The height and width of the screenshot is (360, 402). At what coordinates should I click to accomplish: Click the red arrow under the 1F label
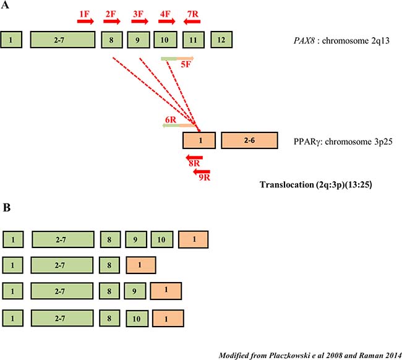click(x=85, y=21)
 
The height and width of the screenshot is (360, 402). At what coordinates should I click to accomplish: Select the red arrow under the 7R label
click(x=192, y=22)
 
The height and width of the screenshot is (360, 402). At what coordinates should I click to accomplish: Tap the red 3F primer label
click(x=138, y=14)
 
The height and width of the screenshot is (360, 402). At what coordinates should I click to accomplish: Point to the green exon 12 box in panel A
click(x=221, y=40)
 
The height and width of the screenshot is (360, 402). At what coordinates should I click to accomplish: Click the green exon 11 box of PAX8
click(x=194, y=40)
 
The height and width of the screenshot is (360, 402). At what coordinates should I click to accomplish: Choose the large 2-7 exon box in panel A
click(x=63, y=40)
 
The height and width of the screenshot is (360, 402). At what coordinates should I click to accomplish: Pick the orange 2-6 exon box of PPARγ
click(x=249, y=140)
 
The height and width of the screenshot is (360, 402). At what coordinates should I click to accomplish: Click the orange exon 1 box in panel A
click(x=199, y=140)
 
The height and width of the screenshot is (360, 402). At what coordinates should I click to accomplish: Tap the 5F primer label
click(x=186, y=64)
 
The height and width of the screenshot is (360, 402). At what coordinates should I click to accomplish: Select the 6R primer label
click(x=171, y=120)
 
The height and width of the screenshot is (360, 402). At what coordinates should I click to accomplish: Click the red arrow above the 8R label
click(x=195, y=158)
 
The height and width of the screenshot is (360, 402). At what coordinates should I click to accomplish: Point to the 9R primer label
click(x=205, y=177)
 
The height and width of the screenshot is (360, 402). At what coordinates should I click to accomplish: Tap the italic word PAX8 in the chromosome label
click(x=304, y=40)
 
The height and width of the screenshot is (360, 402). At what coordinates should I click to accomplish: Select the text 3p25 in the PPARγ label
click(x=383, y=142)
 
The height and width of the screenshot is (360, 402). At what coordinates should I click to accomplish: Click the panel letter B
click(x=7, y=207)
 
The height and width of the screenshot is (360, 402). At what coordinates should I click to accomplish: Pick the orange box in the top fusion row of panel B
click(x=194, y=239)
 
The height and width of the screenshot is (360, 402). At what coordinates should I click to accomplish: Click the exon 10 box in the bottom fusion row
click(x=137, y=319)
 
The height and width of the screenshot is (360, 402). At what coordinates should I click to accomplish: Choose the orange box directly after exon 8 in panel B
click(x=141, y=265)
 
